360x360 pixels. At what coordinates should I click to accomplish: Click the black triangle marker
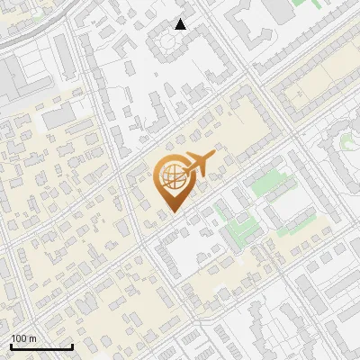click(181, 24)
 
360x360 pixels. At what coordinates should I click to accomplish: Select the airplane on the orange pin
click(197, 164)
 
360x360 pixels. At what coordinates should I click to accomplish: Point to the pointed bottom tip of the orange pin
click(173, 211)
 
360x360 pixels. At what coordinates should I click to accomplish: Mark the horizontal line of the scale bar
click(41, 346)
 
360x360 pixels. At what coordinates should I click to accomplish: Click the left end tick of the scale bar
click(11, 345)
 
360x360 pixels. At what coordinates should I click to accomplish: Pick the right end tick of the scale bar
click(72, 345)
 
